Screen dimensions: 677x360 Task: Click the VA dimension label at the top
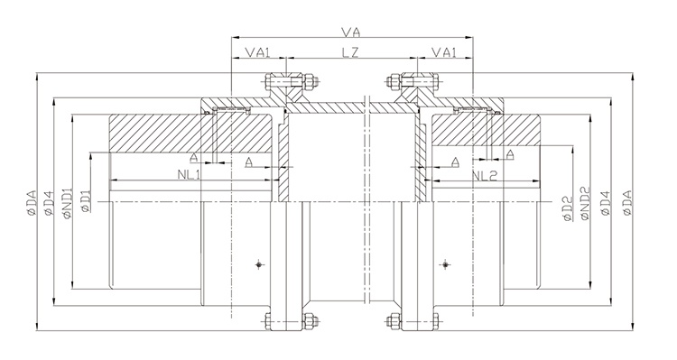coord(350,32)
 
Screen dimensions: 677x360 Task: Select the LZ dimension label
coord(350,52)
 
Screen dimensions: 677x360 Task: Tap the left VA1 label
coord(258,52)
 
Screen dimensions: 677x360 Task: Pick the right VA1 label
coord(444,52)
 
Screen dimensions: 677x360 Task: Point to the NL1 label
coord(189,174)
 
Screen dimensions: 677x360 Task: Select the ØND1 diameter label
coord(68,203)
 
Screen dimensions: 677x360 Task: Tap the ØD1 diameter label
coord(86,201)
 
